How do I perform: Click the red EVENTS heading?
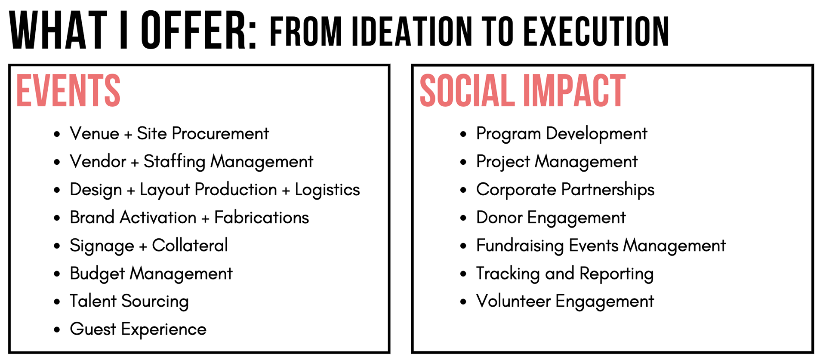point(68,90)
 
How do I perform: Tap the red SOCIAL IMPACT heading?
point(523,90)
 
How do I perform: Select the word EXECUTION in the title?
point(596,31)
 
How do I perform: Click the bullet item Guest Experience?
point(138,329)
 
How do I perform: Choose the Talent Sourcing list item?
point(129,302)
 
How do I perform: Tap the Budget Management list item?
point(151,274)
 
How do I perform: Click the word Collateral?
point(190,245)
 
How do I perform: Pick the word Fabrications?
point(262,217)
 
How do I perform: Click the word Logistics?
point(327,190)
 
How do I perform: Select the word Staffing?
point(175,162)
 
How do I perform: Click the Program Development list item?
point(561,134)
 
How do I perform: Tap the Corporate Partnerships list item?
point(565,190)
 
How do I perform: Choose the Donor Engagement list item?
point(551,218)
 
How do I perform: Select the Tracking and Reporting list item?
point(565,274)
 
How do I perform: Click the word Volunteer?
point(513,301)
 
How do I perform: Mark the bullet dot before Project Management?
point(463,162)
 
